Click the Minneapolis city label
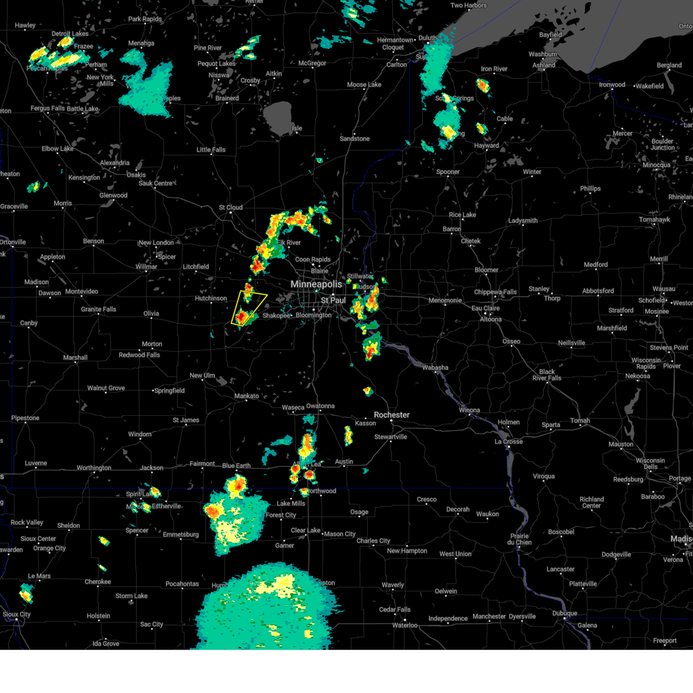click(316, 284)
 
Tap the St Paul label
click(334, 300)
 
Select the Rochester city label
click(392, 415)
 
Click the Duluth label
click(427, 38)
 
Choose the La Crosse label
click(508, 442)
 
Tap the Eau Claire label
click(486, 308)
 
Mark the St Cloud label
click(230, 207)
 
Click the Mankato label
click(247, 396)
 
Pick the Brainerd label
click(227, 98)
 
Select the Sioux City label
click(17, 614)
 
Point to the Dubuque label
click(564, 613)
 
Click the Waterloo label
click(405, 625)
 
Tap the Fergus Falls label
click(48, 109)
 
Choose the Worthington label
click(94, 468)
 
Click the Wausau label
click(664, 289)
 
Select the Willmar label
click(146, 267)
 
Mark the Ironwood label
click(612, 85)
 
